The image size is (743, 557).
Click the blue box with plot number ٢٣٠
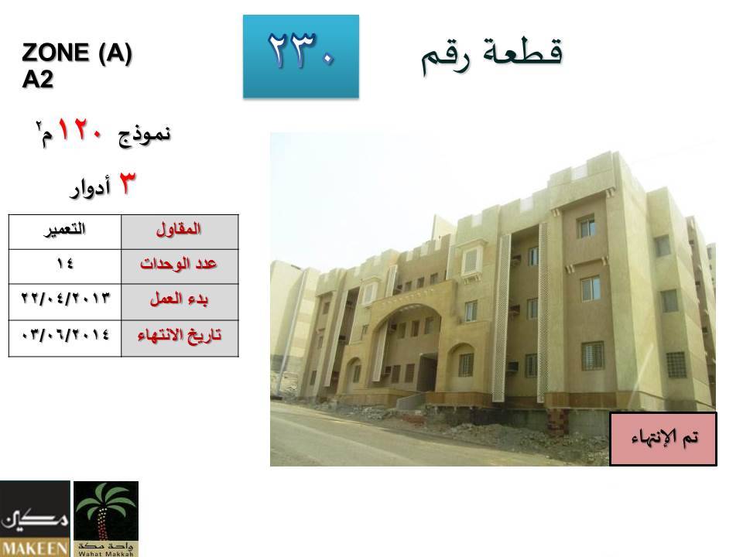301,56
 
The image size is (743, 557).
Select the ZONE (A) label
77,52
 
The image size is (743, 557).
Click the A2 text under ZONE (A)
37,79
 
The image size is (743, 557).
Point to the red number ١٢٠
80,130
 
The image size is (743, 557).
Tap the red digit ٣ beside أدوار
126,183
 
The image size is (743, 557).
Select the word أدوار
90,187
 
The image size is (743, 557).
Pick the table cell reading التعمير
65,232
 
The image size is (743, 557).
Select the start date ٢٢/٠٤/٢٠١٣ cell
65,302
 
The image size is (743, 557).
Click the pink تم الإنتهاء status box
663,439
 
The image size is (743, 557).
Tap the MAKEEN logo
35,518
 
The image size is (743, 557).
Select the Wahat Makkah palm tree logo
106,518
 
